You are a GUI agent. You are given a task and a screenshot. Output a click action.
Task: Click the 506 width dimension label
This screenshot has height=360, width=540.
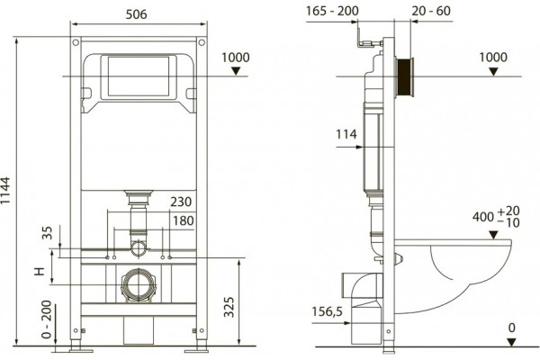point(137,14)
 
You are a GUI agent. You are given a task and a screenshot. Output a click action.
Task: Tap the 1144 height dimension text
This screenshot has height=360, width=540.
point(6,191)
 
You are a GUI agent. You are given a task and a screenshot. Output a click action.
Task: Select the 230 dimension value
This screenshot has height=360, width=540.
point(181,202)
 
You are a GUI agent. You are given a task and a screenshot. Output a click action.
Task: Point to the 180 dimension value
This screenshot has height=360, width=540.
point(184,220)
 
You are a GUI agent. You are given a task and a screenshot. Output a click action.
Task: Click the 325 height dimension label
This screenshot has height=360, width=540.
point(229,307)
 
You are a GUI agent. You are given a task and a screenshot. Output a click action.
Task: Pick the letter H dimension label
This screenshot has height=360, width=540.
point(40,272)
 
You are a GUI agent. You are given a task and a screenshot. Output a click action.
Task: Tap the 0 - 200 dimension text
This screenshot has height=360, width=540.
point(46,319)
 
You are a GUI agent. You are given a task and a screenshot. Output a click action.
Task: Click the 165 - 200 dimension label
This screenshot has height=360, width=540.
point(332,11)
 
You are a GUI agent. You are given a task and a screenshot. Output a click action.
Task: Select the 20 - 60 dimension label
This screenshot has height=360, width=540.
point(431,11)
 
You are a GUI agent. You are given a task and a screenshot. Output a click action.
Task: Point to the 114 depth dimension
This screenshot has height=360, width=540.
point(346,134)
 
